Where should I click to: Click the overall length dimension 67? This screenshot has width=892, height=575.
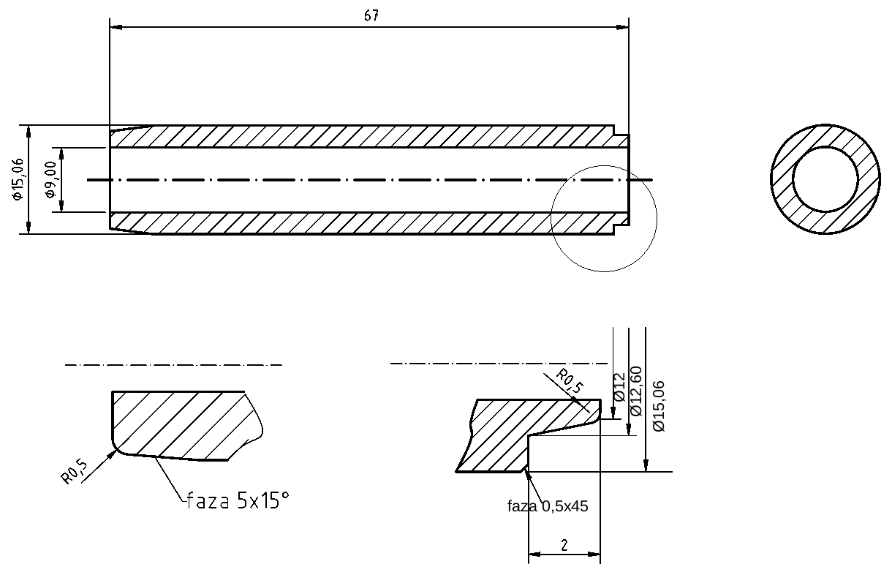pyautogui.click(x=371, y=16)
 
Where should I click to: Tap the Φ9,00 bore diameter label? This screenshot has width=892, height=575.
pyautogui.click(x=50, y=180)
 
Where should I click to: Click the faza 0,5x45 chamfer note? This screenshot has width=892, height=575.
pyautogui.click(x=548, y=506)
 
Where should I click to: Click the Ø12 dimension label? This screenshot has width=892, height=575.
pyautogui.click(x=619, y=387)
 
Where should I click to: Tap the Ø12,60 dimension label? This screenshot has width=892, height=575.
pyautogui.click(x=635, y=391)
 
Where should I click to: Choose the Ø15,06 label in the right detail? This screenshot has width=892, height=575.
pyautogui.click(x=658, y=405)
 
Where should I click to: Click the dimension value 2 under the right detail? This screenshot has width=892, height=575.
pyautogui.click(x=564, y=545)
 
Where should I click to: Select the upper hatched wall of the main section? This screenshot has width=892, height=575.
pyautogui.click(x=366, y=137)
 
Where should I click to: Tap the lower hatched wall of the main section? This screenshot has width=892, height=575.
pyautogui.click(x=366, y=223)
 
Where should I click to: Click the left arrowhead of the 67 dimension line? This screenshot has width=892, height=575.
pyautogui.click(x=114, y=28)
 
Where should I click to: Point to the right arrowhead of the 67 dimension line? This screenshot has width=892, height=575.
pyautogui.click(x=624, y=28)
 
